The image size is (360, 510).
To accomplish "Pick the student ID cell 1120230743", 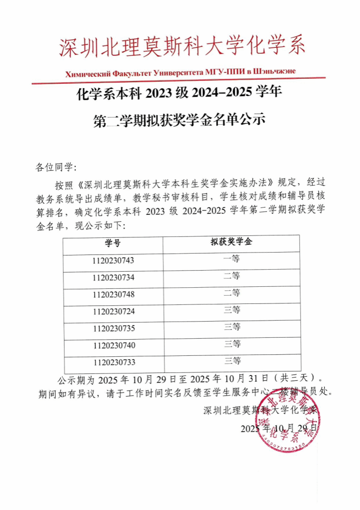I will pos(112,260).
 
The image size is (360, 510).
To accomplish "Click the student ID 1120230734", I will pos(112,278).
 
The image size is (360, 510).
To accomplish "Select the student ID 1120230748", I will pos(112,295).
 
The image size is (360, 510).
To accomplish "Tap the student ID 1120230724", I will pos(112,311).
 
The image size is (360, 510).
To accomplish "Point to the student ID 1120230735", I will pos(112,328).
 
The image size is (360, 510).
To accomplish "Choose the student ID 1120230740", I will pos(112,346).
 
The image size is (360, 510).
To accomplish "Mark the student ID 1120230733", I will pos(112,363).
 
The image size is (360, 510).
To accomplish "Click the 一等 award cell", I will pos(231,259).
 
